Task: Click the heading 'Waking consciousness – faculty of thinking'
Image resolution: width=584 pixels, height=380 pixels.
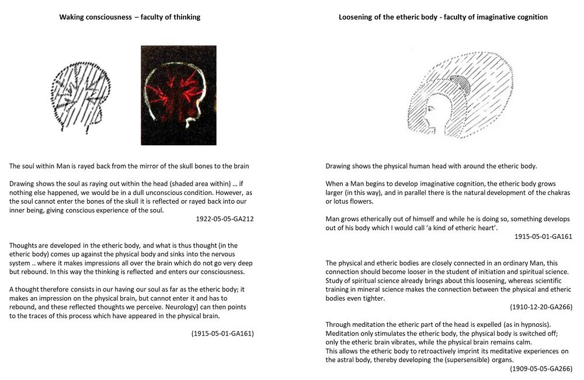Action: point(130,17)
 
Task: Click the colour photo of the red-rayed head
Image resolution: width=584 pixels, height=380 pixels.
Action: point(178,95)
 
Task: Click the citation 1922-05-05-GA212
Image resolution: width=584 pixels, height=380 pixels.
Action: point(224,219)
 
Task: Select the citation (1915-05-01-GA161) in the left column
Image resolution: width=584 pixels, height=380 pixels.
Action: point(223,333)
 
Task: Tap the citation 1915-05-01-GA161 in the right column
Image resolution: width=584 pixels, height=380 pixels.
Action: point(543,236)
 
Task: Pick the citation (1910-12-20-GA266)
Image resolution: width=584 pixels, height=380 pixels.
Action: point(541,306)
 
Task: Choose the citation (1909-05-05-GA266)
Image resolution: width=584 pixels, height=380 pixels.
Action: point(541,368)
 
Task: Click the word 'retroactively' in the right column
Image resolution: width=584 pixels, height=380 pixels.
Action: point(439,351)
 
